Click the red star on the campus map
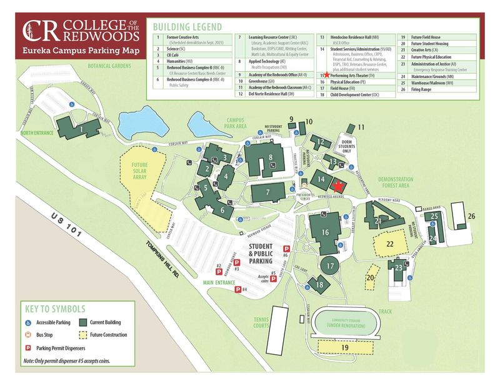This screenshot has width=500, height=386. (338, 186)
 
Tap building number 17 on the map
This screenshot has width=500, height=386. (331, 265)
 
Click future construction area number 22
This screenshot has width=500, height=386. (389, 244)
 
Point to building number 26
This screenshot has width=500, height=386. (471, 216)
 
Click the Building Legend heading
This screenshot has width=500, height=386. (186, 27)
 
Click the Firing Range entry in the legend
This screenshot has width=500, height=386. (425, 88)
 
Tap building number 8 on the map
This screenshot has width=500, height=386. (270, 157)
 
